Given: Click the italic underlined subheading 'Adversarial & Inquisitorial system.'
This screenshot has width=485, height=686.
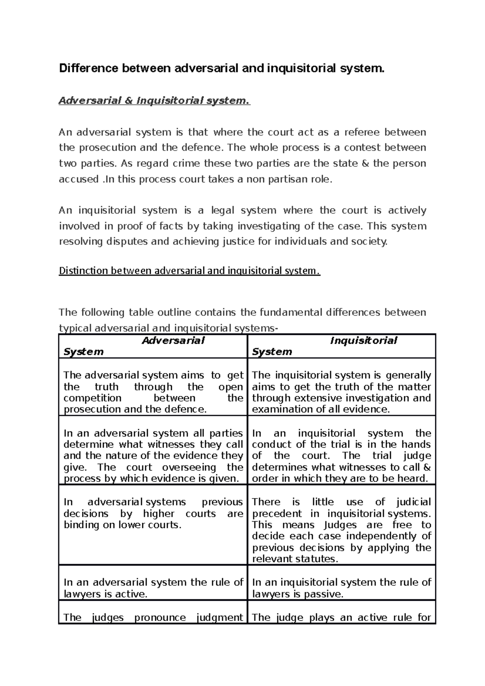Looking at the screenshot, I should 154,101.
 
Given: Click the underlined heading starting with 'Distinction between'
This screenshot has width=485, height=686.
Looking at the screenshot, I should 189,271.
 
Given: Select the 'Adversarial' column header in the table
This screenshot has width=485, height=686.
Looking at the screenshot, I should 173,341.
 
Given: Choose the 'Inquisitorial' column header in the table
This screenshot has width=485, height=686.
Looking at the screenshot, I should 363,341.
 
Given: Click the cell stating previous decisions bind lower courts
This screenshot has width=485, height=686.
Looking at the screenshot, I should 153,513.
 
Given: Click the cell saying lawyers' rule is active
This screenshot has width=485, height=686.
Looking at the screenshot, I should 153,588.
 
